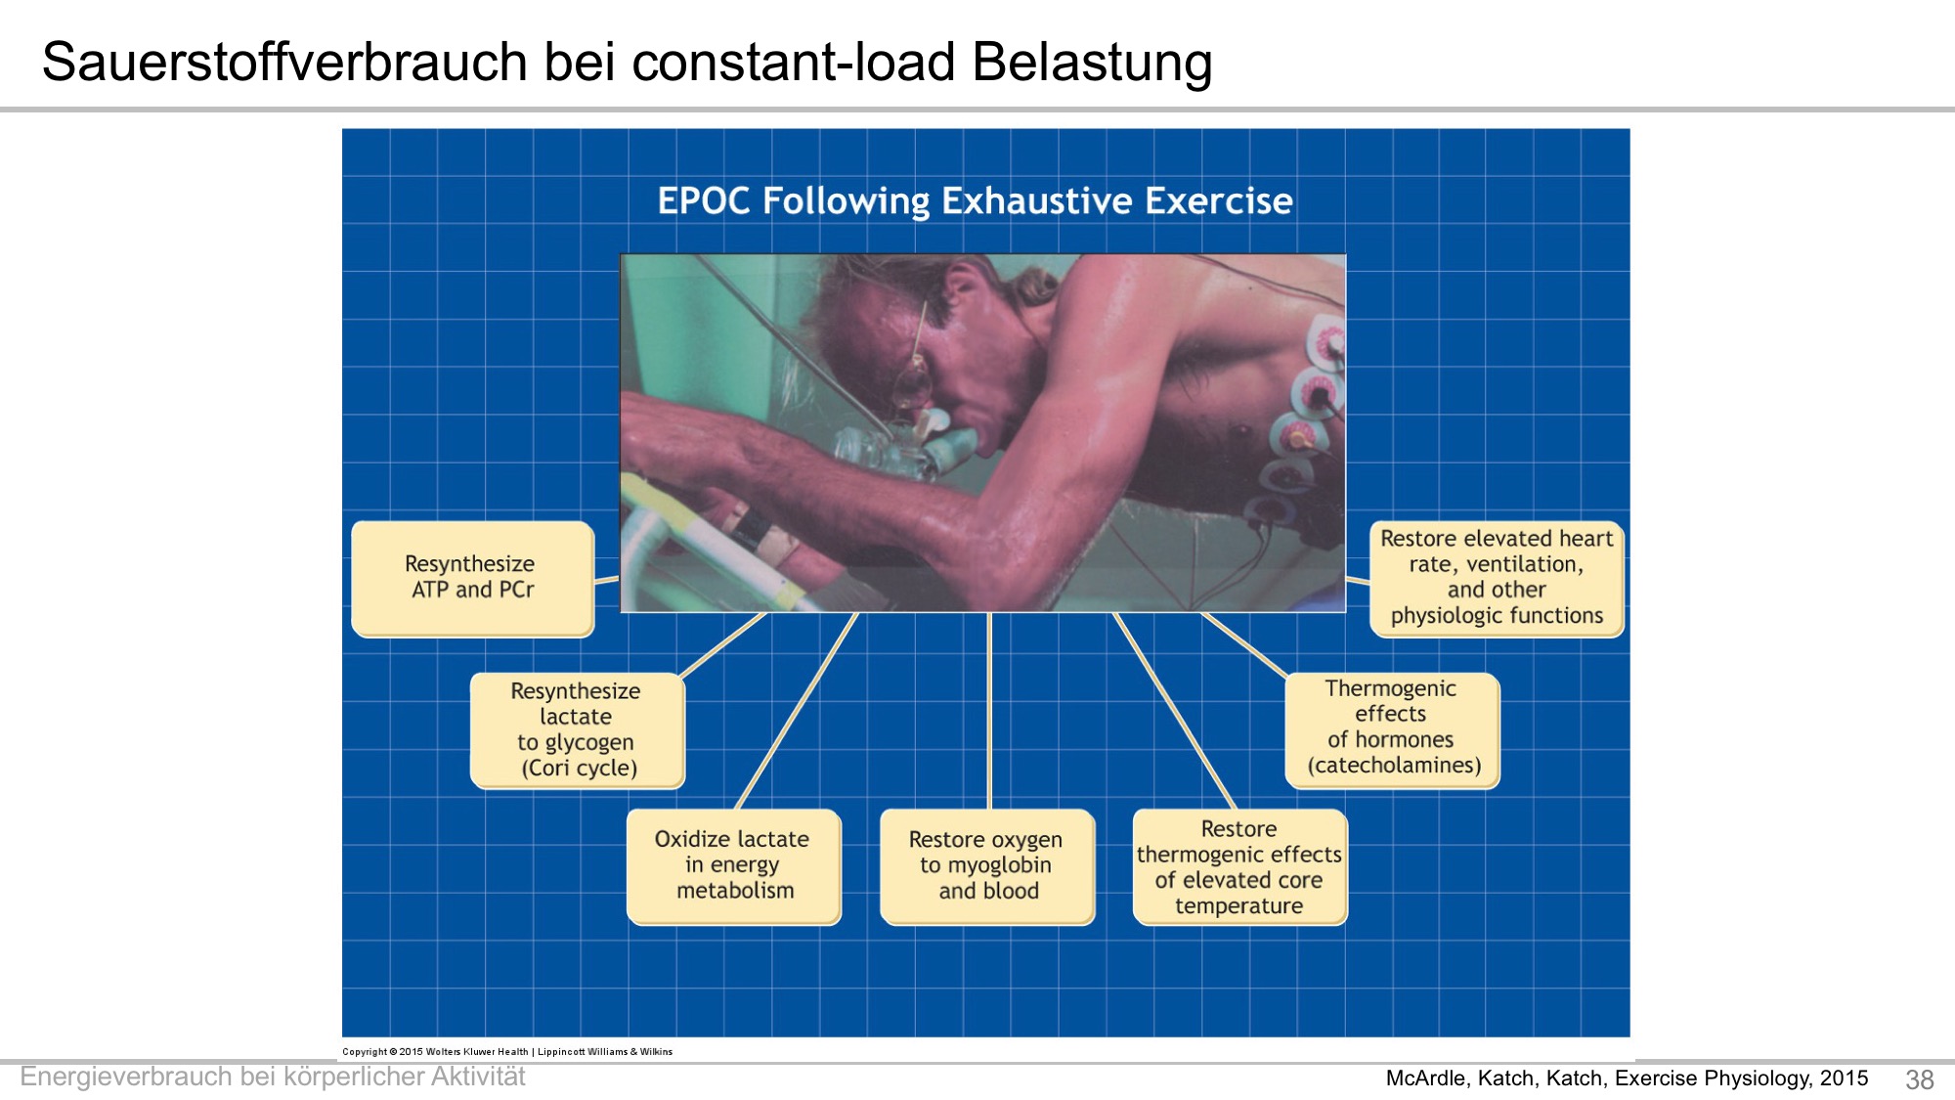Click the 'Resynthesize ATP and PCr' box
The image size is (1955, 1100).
point(473,579)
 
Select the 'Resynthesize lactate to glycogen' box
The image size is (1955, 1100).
point(578,730)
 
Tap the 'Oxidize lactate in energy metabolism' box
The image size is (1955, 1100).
point(734,866)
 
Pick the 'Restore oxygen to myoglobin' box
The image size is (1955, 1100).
point(987,866)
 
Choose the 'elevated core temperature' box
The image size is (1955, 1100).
point(1239,866)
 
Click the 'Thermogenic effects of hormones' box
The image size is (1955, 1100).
point(1392,730)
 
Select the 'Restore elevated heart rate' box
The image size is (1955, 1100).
point(1497,579)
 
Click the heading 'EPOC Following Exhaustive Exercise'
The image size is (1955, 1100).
point(975,200)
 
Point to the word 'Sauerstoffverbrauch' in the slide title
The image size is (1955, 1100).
point(285,62)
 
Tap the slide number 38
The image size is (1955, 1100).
point(1919,1079)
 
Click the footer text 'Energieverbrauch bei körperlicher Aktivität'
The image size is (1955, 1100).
point(273,1077)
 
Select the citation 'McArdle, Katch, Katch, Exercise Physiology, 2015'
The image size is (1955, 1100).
point(1627,1078)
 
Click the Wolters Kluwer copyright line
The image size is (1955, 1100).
point(507,1052)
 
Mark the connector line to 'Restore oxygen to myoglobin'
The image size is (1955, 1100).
point(989,711)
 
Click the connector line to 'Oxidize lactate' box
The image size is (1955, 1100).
point(797,711)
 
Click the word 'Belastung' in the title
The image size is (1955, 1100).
point(1092,62)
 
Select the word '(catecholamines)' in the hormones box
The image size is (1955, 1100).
point(1395,766)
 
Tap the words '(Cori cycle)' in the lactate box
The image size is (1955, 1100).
point(579,769)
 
